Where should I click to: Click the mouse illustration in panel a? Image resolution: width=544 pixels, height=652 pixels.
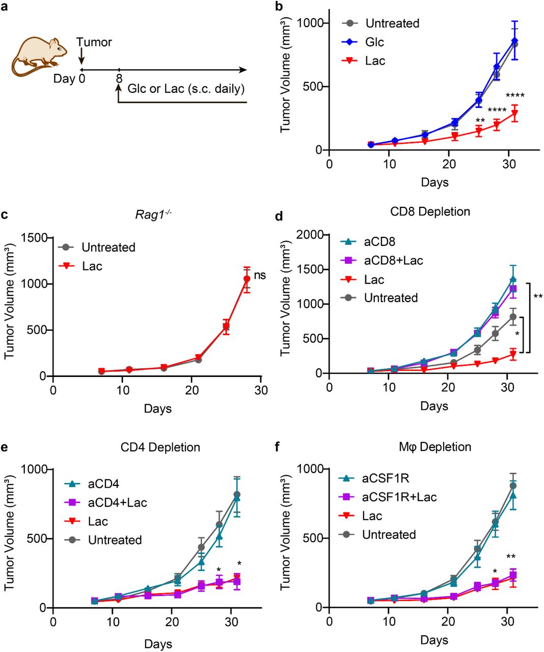[39, 56]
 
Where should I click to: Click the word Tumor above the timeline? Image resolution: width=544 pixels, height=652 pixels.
[94, 42]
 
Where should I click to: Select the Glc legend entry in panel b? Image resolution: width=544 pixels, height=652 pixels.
[374, 42]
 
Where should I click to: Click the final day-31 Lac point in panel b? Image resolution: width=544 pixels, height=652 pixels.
[514, 114]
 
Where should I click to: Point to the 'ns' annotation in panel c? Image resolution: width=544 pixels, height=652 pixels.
[260, 276]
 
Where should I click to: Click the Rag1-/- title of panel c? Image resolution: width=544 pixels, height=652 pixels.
[153, 214]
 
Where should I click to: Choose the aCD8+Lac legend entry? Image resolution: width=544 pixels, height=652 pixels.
[393, 261]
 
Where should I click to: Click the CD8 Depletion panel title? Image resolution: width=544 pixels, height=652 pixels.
[430, 211]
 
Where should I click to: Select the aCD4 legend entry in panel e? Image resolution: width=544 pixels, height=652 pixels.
[104, 484]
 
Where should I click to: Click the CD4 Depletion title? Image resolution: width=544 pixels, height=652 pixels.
[160, 447]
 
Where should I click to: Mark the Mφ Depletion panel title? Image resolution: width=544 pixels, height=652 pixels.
[435, 447]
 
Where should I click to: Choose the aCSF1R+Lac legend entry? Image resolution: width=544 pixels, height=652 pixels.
[399, 497]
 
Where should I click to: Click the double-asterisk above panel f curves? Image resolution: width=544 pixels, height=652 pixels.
[511, 557]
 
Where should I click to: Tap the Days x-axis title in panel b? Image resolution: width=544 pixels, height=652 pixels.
[434, 182]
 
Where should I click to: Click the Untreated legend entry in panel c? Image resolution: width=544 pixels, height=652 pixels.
[108, 248]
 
